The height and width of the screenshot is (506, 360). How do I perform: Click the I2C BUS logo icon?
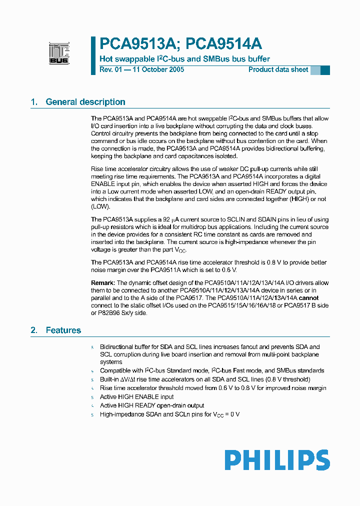tap(59, 53)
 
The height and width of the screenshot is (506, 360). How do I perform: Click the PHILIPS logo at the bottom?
tap(276, 460)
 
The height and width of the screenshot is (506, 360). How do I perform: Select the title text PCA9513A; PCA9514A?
tap(181, 44)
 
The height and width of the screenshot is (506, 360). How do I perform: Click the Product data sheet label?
tap(278, 69)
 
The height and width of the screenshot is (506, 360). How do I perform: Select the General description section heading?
tap(85, 102)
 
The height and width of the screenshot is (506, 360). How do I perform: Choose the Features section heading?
tap(63, 330)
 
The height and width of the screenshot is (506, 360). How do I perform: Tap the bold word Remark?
tap(103, 283)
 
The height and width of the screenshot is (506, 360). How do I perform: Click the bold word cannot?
tap(308, 298)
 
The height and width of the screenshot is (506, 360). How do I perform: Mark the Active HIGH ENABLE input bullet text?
tap(136, 396)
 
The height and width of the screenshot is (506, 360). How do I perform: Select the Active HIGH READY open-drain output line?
tap(152, 405)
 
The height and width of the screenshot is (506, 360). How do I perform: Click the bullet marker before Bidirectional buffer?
tap(92, 347)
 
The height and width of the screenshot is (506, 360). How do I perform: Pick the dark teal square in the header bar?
tap(325, 70)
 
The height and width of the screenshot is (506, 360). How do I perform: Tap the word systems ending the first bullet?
tap(111, 361)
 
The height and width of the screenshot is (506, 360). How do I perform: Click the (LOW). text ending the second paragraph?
tap(100, 206)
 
